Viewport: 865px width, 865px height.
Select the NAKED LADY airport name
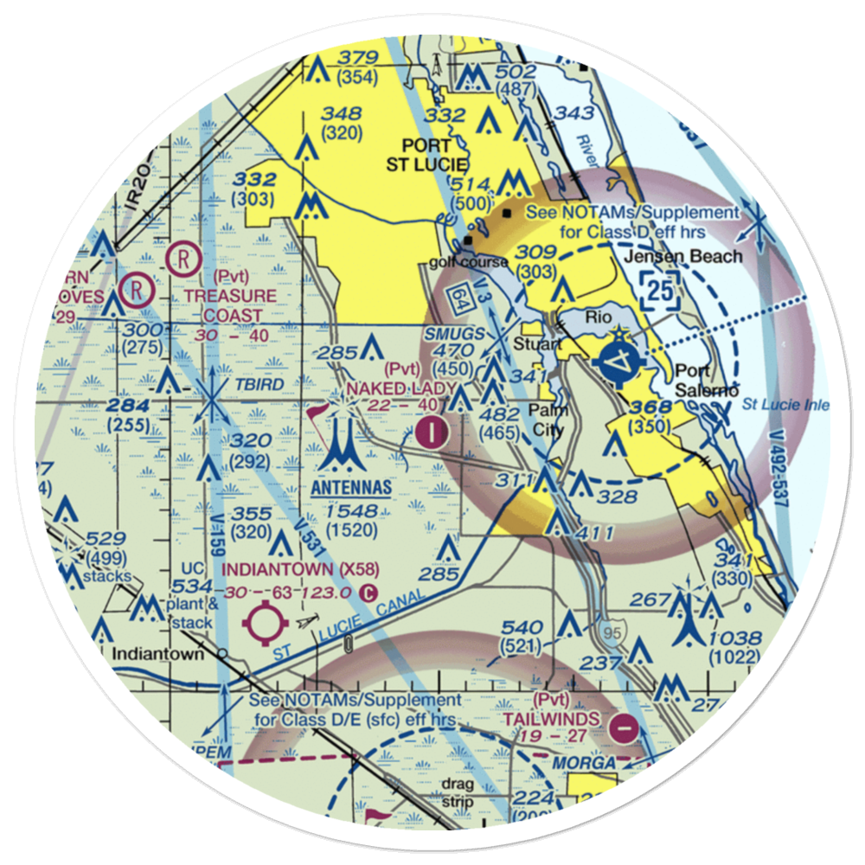click(400, 388)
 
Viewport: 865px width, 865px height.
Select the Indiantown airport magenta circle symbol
click(265, 624)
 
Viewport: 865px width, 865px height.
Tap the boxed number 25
click(660, 292)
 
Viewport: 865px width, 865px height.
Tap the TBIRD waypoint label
click(258, 385)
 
